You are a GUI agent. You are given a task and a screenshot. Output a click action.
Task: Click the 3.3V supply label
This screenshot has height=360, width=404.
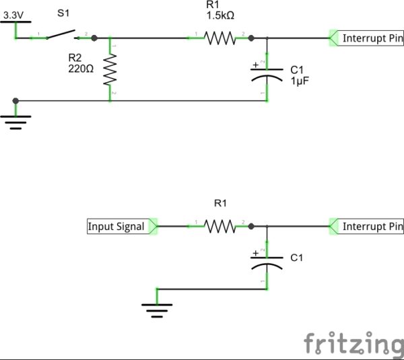tap(13, 15)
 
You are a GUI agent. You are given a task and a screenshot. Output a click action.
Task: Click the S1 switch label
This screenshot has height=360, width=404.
tap(63, 13)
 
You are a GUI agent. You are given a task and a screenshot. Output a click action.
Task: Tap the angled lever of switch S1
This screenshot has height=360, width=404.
tap(61, 34)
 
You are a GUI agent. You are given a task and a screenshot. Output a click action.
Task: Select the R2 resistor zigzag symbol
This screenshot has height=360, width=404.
tap(110, 69)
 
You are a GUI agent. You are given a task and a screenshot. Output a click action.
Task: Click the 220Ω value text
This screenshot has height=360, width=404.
tap(81, 69)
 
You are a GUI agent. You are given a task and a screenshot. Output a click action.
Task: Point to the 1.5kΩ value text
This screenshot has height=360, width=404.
tap(220, 15)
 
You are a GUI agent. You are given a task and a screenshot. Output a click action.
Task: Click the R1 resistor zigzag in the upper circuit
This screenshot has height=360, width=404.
tap(220, 38)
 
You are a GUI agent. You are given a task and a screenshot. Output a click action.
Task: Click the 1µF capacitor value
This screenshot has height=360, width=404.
tap(300, 81)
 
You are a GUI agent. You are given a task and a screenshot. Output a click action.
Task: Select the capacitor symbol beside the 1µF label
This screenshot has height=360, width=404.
tap(267, 75)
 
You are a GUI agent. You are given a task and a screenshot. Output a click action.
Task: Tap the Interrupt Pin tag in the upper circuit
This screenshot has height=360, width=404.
tap(366, 38)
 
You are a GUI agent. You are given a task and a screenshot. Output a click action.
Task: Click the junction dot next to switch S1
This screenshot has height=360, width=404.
tap(94, 38)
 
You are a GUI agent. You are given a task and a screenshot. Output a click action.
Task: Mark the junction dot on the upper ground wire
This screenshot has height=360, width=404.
tap(15, 101)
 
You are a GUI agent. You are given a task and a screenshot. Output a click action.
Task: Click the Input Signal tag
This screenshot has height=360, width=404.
tap(122, 226)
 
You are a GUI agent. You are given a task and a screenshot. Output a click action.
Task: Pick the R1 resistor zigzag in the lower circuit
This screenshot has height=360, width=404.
tap(220, 227)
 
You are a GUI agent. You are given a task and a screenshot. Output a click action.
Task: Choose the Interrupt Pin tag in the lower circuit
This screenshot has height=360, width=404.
tap(366, 227)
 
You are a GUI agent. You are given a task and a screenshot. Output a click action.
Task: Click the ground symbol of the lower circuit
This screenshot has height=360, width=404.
tap(157, 311)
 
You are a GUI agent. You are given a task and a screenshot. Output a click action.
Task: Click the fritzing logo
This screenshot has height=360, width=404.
tap(353, 343)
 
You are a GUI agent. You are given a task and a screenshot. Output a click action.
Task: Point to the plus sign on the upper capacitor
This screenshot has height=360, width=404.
tap(255, 65)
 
